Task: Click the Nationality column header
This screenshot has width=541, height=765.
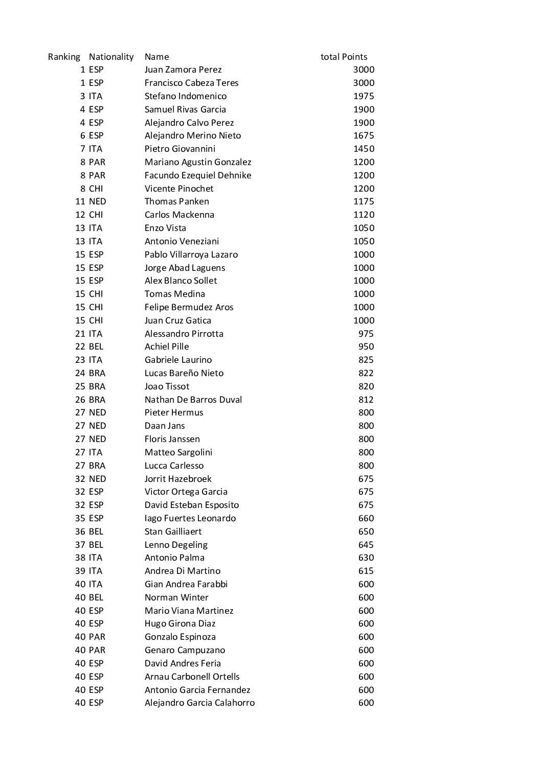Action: click(x=111, y=57)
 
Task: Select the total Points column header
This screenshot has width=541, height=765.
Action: click(x=344, y=57)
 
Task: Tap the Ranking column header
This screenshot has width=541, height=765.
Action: click(x=64, y=57)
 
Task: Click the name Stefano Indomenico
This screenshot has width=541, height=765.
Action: click(x=185, y=96)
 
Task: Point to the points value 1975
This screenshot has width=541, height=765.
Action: click(x=364, y=96)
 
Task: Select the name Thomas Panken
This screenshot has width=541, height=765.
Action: click(x=176, y=201)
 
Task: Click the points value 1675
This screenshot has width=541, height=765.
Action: click(x=364, y=135)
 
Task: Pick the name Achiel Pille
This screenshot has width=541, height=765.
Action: click(x=167, y=346)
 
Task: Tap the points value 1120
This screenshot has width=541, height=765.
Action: click(x=364, y=215)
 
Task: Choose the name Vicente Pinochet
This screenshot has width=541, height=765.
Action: click(x=179, y=189)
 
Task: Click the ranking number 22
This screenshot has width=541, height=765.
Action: click(x=80, y=346)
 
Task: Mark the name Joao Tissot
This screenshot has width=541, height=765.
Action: click(x=167, y=386)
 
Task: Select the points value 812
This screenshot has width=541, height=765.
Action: click(x=366, y=400)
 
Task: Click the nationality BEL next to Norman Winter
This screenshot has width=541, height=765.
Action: click(x=96, y=597)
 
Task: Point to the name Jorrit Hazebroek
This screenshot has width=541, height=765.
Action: click(x=178, y=479)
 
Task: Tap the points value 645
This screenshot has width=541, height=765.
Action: click(x=366, y=545)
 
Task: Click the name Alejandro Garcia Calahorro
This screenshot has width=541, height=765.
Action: click(x=199, y=703)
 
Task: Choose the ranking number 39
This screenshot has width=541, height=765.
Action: click(x=80, y=571)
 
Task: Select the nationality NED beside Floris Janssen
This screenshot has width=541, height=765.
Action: click(x=97, y=439)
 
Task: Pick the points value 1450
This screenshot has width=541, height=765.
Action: click(x=364, y=149)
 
